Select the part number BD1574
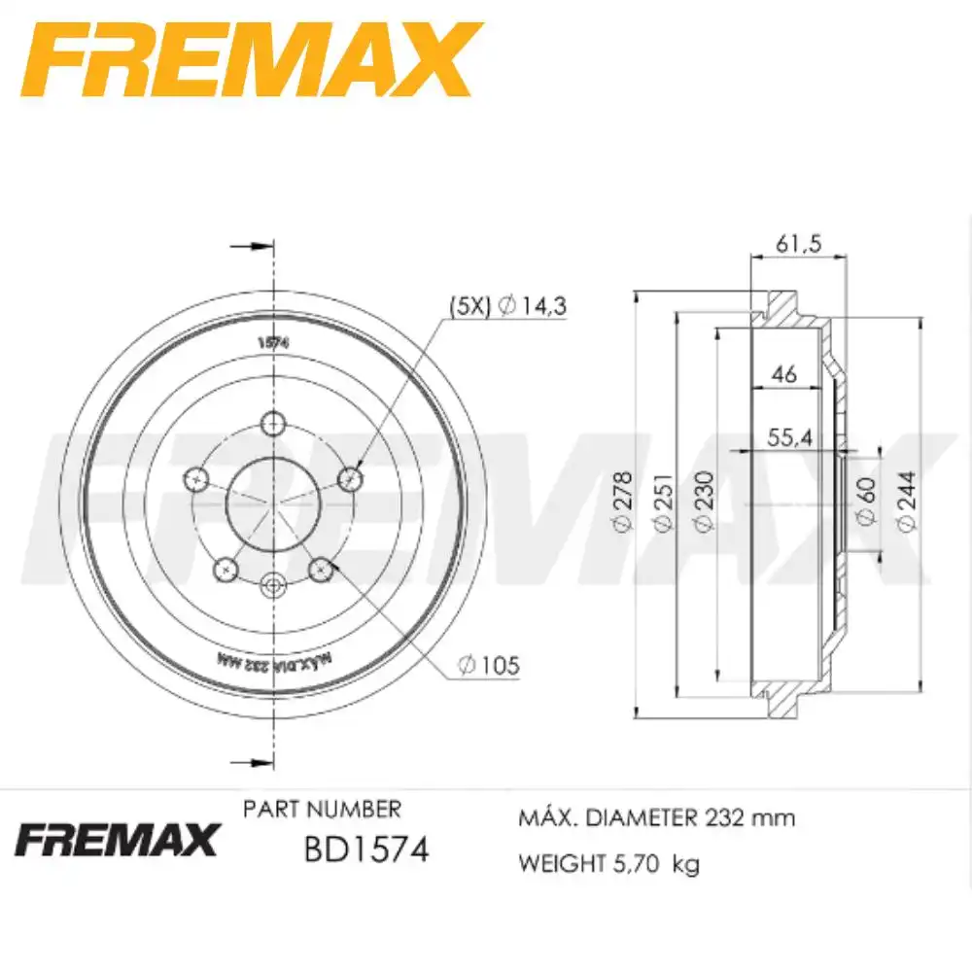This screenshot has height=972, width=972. click(365, 850)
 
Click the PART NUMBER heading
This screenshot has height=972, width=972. click(321, 809)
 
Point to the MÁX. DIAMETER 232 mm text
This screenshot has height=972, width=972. click(657, 817)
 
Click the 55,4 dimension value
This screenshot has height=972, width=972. click(789, 437)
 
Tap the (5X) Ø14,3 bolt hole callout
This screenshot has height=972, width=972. click(506, 306)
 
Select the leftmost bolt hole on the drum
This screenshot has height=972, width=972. click(197, 478)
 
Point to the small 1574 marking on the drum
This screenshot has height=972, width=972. click(274, 341)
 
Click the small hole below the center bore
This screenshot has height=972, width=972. click(273, 584)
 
